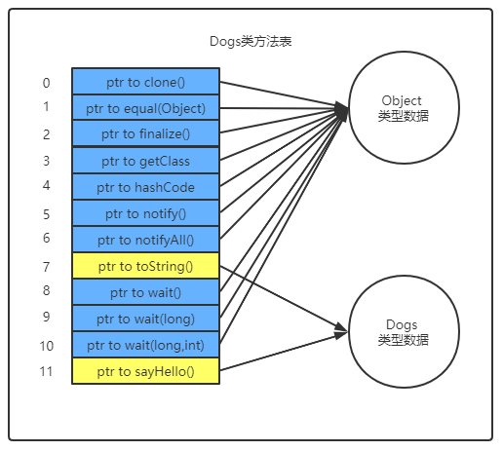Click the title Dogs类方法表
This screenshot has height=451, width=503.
(251, 41)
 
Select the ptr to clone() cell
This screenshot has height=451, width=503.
(146, 82)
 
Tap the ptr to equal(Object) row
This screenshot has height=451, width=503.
(146, 108)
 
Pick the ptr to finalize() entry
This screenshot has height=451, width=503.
(146, 134)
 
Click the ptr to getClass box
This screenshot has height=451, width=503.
(146, 161)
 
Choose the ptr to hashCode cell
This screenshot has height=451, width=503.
(146, 187)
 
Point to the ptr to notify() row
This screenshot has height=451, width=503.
(146, 213)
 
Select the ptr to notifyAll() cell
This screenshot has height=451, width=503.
(146, 240)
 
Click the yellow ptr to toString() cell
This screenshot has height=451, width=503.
(146, 266)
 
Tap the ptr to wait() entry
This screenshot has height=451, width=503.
(146, 292)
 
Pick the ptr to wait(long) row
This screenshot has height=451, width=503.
(146, 319)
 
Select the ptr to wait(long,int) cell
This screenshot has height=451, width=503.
(146, 345)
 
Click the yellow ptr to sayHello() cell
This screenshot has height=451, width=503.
(146, 371)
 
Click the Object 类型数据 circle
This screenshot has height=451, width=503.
(404, 108)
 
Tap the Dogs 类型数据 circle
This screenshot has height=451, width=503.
(404, 331)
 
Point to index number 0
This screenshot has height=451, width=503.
(46, 83)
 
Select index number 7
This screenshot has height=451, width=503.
(46, 266)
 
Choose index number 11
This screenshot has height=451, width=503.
(46, 371)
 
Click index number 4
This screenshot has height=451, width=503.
(46, 185)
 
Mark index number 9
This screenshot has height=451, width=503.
(46, 317)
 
